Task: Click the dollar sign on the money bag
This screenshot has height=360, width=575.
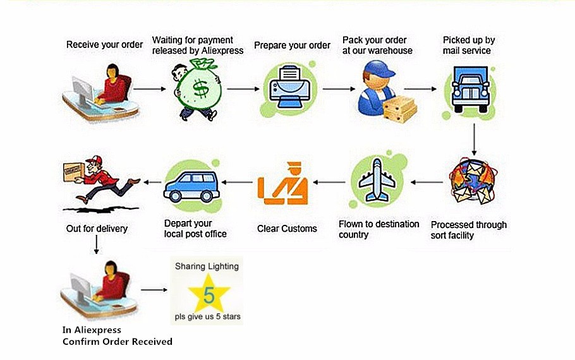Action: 201,89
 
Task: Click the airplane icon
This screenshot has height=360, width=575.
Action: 377,181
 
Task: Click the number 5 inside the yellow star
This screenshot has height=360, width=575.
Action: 209,293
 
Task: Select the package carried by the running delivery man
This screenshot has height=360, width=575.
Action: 73,171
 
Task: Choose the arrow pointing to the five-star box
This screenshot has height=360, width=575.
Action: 154,291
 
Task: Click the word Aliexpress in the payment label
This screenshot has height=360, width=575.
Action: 221,51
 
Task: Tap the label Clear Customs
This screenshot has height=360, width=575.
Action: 287,229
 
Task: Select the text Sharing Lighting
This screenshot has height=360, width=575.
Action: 207,266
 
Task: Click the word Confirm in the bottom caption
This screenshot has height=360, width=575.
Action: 80,342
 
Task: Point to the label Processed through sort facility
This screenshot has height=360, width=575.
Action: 468,230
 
